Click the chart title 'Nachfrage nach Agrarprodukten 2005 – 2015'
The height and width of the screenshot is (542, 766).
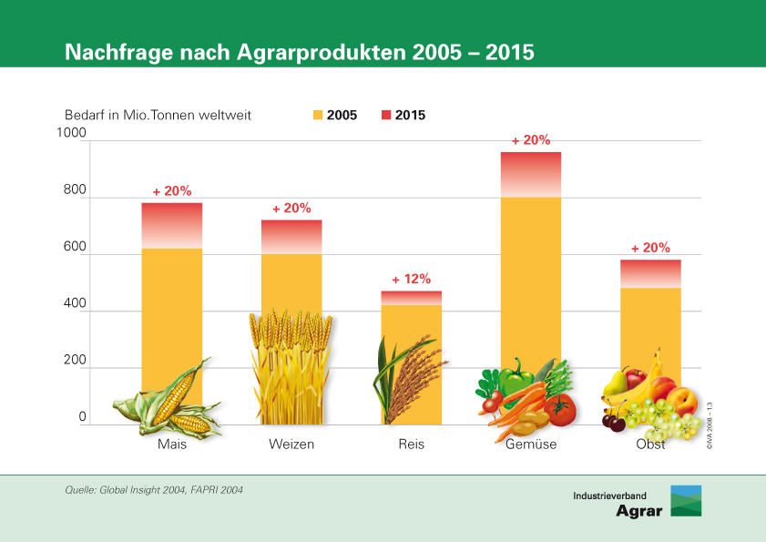pos(299,52)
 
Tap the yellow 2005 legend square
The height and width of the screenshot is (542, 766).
pos(318,116)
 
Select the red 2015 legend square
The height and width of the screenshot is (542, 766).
pos(386,116)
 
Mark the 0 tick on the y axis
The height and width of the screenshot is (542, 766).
pos(81,418)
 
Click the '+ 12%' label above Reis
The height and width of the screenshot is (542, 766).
pos(411,279)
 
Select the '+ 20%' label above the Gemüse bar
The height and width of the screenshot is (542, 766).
pos(531,140)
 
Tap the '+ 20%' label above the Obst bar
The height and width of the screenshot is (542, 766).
pos(650,248)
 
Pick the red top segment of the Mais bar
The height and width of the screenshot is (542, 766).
pos(171,224)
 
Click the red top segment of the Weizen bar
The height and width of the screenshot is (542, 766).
pos(291,236)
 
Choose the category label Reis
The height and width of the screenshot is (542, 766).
pos(411,445)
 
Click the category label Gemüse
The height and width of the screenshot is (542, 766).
pos(531,445)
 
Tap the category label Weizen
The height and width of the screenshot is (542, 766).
pos(291,445)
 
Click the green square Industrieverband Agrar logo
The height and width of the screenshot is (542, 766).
pos(686,501)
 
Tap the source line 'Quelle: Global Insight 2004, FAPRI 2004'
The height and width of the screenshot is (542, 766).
pos(154,490)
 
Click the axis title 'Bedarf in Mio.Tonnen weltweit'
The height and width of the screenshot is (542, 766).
pos(158,116)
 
